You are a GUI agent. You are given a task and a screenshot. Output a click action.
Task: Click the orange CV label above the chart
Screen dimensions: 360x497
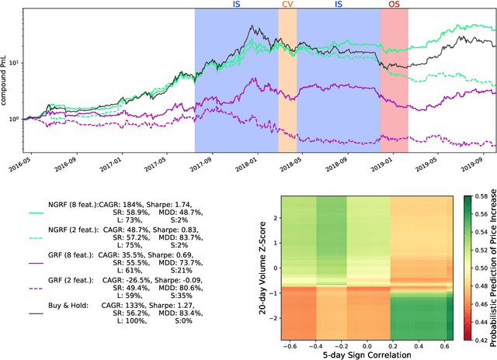[287, 5]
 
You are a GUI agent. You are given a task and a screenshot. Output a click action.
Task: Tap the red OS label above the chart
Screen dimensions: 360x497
[394, 5]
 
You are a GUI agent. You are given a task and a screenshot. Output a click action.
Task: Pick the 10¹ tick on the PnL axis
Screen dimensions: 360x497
[13, 61]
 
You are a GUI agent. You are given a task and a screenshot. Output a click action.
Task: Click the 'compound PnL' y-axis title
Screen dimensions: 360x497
[5, 78]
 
